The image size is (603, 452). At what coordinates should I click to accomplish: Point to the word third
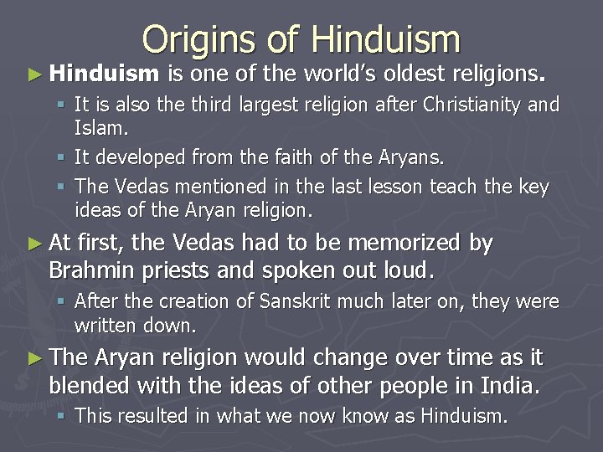pos(206,105)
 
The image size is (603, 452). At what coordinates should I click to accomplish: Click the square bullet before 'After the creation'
pos(63,302)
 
